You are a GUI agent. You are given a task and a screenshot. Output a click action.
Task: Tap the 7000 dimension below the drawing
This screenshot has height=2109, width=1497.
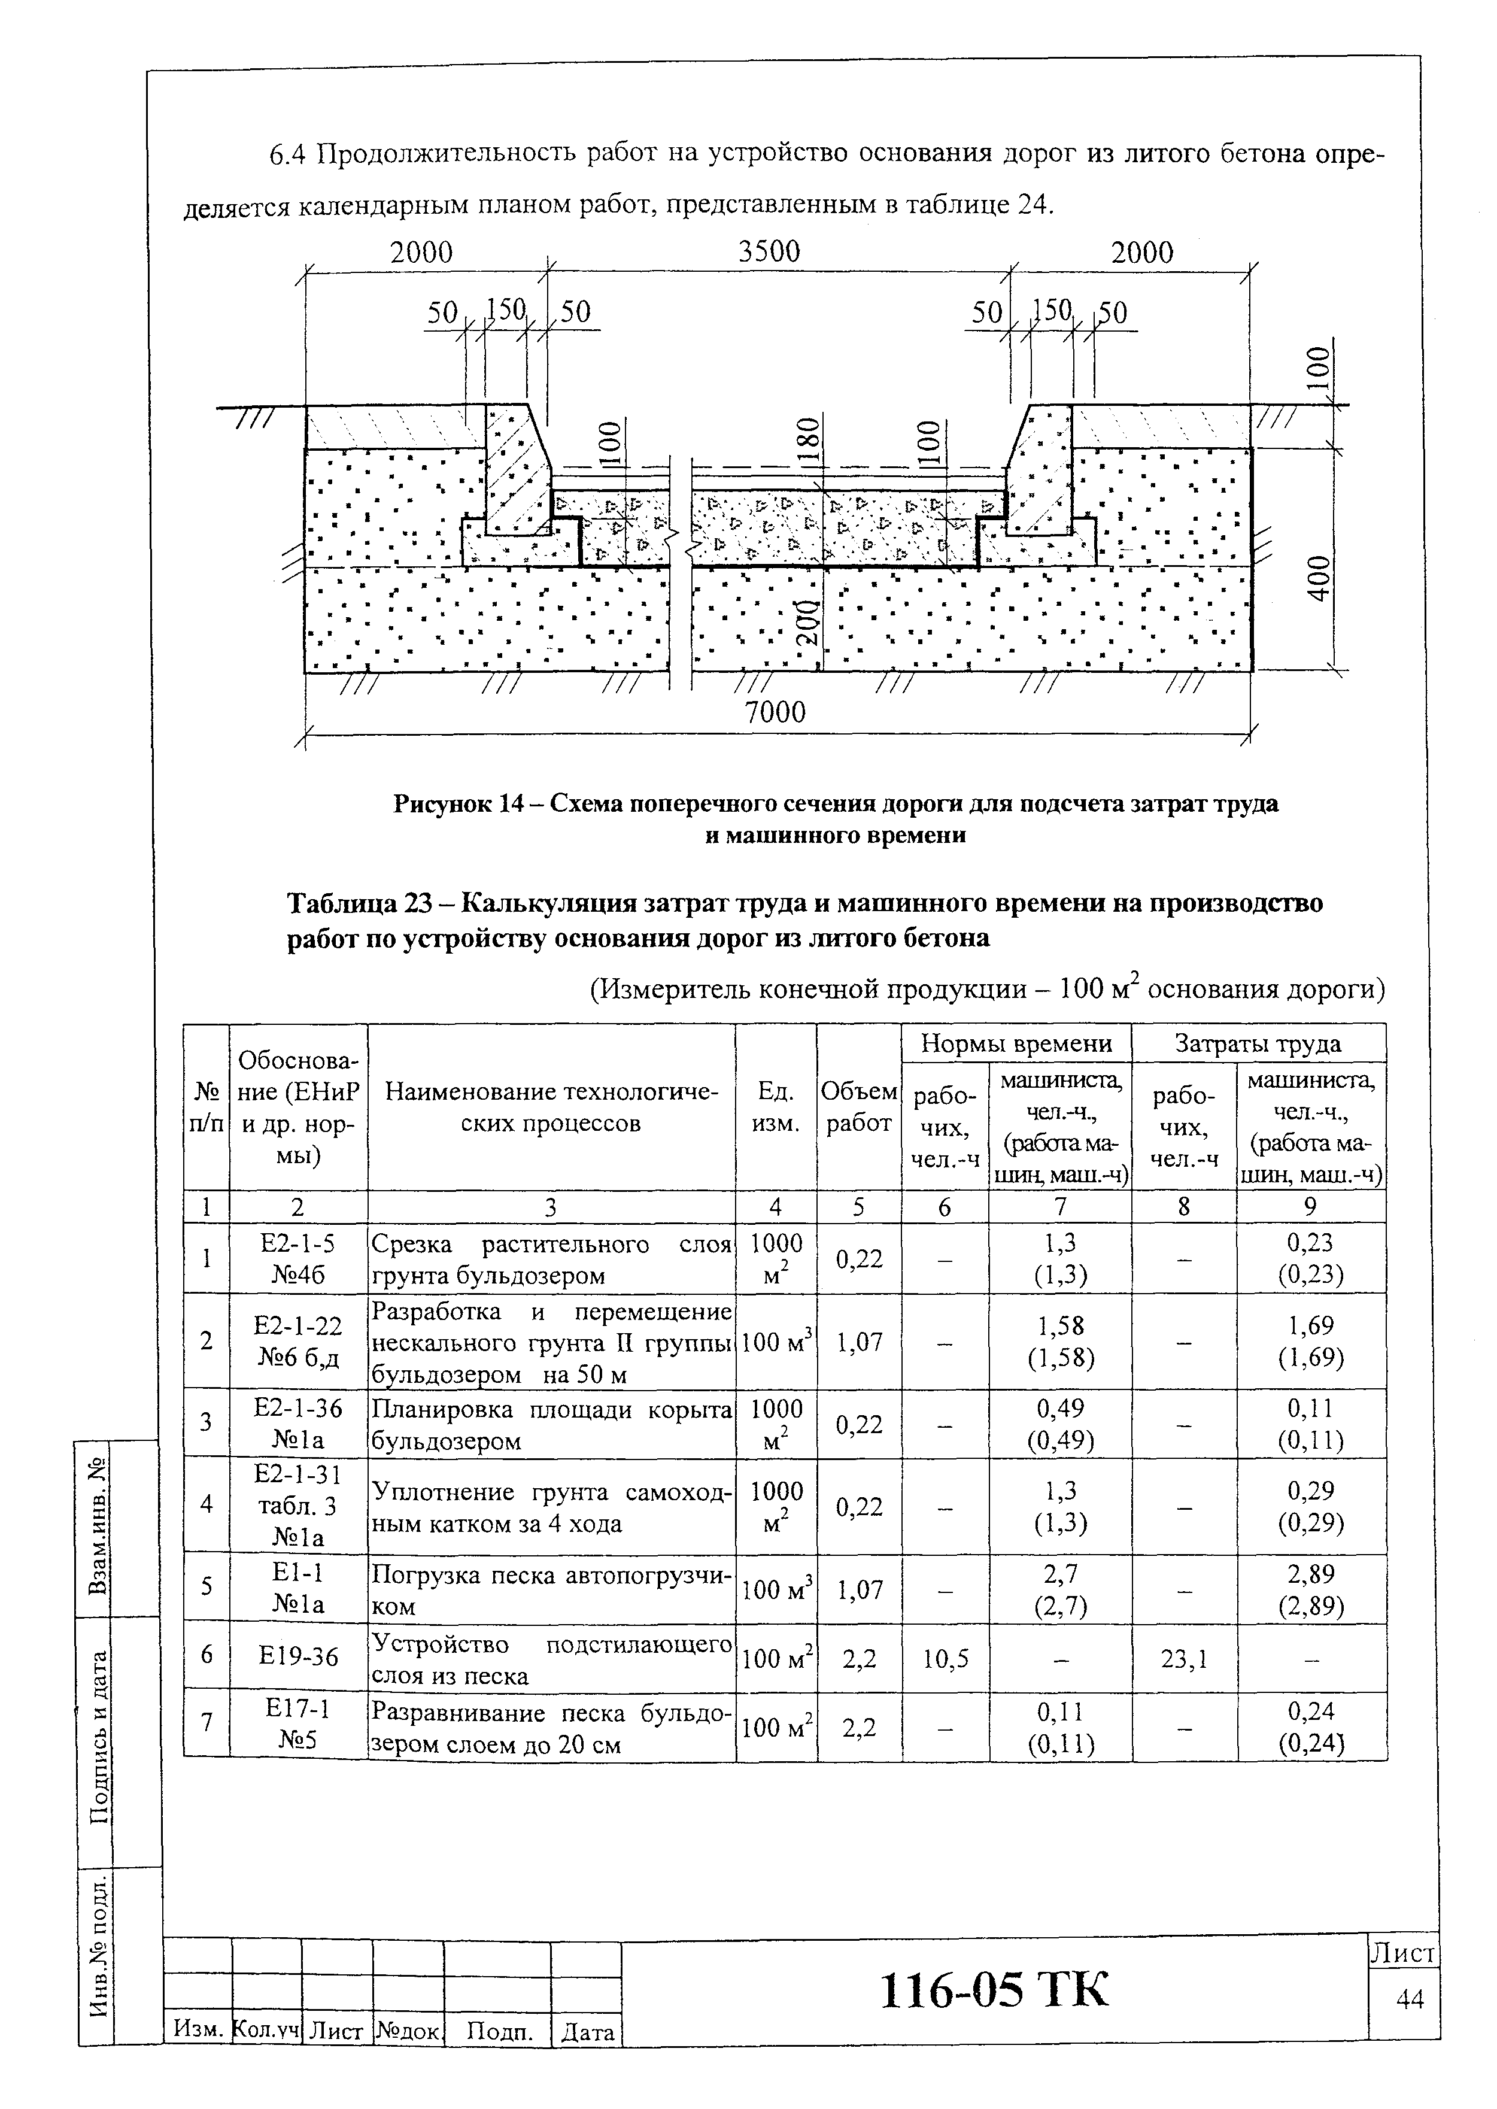click(775, 712)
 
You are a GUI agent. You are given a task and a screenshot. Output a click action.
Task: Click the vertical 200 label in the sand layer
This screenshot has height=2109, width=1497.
click(807, 623)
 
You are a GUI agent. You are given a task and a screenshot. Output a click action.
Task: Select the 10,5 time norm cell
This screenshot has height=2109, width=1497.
click(945, 1658)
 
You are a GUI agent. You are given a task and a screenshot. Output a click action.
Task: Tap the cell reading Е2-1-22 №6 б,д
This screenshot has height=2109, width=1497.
click(299, 1340)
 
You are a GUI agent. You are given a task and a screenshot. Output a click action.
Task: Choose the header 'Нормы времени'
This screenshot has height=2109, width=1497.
click(1016, 1043)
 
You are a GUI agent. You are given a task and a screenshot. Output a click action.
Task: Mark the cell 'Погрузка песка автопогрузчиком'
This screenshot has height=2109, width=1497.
click(551, 1589)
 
